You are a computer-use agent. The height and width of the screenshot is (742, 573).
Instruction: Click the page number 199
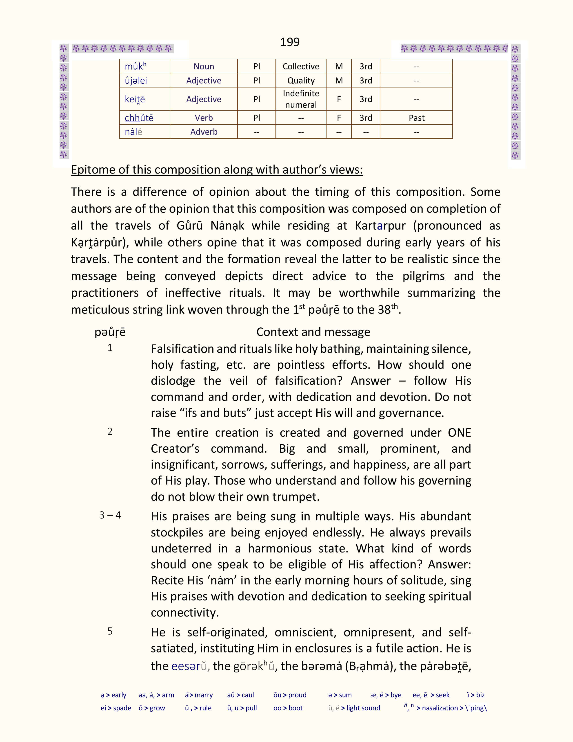(x=290, y=42)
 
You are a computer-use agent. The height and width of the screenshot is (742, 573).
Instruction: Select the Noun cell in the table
(x=204, y=66)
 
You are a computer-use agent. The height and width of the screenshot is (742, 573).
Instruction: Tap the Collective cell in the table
(x=301, y=66)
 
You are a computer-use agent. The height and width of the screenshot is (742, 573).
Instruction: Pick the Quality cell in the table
(x=301, y=80)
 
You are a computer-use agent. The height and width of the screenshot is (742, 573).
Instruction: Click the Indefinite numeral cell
(x=301, y=99)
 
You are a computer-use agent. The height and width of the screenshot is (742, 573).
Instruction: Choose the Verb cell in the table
(x=204, y=118)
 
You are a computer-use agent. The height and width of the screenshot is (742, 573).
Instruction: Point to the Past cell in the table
(x=417, y=118)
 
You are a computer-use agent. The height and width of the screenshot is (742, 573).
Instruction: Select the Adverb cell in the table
(x=204, y=132)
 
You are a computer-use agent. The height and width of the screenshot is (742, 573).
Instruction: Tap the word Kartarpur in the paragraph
(x=380, y=226)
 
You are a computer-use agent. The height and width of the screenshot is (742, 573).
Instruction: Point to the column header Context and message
(x=313, y=332)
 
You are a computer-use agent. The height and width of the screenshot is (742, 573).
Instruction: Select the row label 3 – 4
(x=110, y=515)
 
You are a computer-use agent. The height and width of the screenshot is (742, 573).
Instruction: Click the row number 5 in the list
(x=110, y=631)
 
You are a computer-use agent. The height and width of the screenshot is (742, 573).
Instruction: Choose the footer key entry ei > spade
(x=116, y=708)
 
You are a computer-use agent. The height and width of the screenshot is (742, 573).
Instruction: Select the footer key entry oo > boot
(x=288, y=708)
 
